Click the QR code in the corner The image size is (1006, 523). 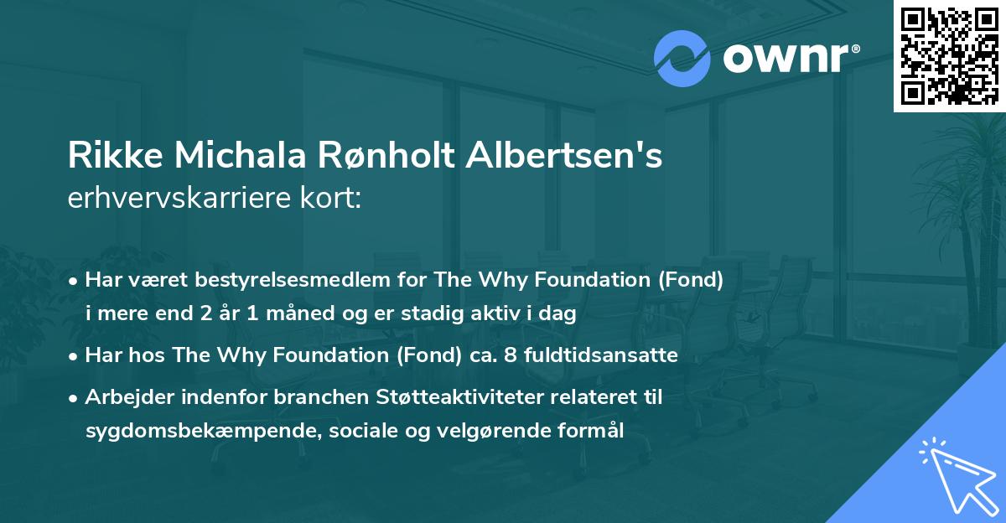pos(949,56)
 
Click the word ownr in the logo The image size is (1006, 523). pos(785,58)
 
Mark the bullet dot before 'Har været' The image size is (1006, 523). pos(75,281)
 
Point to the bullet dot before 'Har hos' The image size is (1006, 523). pos(75,356)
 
